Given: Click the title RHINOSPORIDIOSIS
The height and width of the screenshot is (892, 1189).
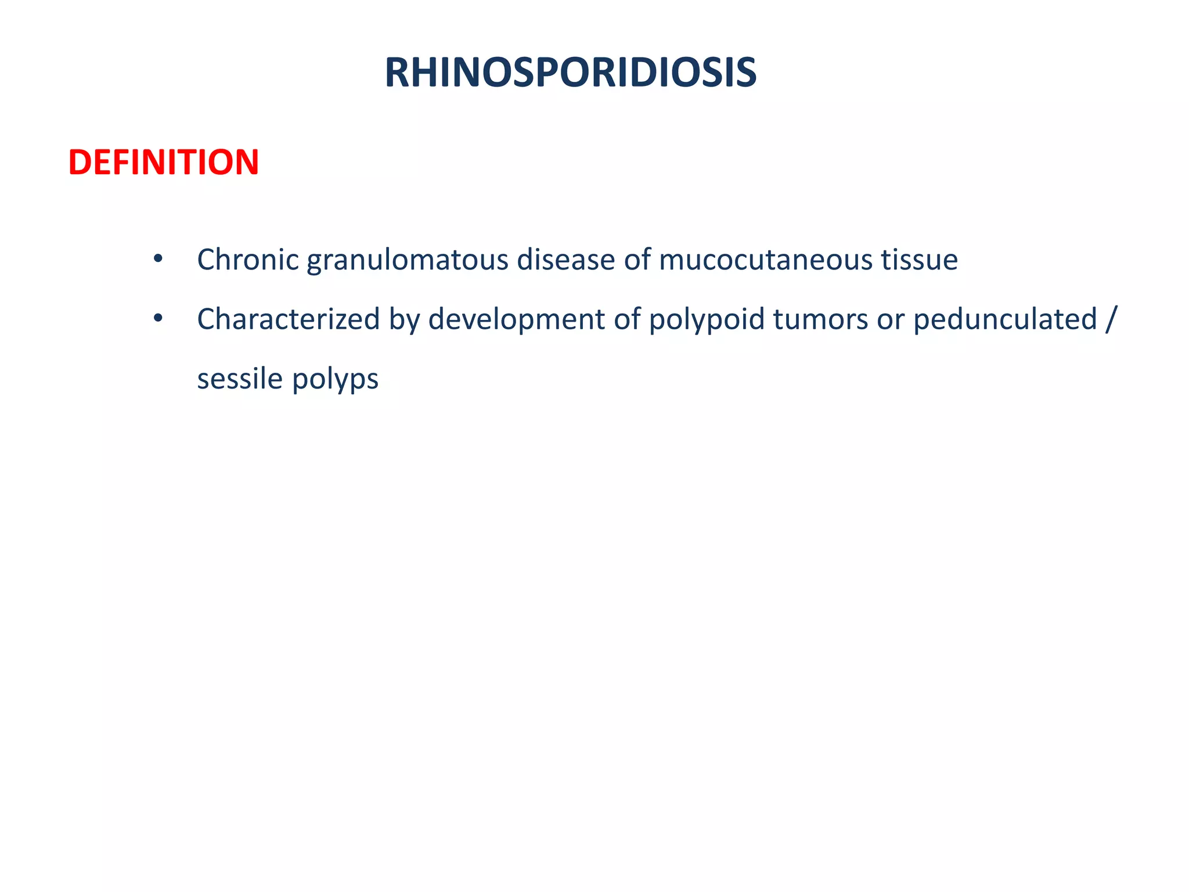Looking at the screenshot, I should pos(570,73).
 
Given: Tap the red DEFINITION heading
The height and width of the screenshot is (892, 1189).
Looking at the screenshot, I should pos(163,162).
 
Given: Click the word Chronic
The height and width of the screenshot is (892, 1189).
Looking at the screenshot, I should pos(248,260).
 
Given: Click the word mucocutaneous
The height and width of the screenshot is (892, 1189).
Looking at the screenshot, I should pos(765,260).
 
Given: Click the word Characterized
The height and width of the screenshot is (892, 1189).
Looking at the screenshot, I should pos(288,319).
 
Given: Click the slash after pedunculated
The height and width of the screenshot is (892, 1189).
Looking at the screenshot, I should pos(1111,319).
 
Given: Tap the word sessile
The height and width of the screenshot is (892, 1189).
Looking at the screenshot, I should pos(240,379).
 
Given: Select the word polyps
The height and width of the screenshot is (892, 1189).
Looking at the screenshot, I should pos(335,380).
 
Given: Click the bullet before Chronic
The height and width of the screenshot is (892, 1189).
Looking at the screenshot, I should pos(158,259).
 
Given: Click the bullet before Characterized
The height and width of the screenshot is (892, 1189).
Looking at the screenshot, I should pos(158,319).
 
